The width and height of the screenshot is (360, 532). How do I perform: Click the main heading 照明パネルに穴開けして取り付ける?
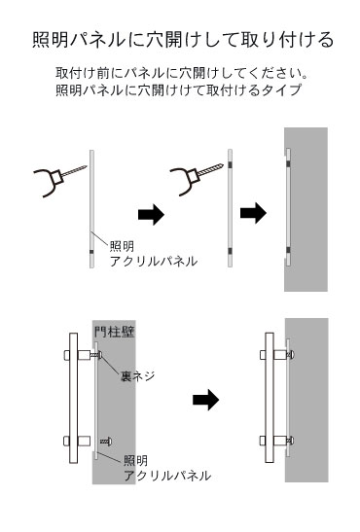coord(183,40)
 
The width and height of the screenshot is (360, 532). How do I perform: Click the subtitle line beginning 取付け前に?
coord(182,72)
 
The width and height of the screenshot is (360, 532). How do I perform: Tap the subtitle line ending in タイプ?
coord(178,89)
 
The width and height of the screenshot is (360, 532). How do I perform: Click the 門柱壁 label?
coord(115,332)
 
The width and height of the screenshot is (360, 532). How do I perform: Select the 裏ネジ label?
coord(137,376)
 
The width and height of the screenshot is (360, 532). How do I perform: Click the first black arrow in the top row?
coord(151,214)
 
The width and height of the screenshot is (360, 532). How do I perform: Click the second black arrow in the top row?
coord(253,213)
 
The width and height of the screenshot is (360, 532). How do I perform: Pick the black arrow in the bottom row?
coord(205,400)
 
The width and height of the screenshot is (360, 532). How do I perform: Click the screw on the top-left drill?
coord(74,171)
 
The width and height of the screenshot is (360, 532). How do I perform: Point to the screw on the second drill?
coord(210,169)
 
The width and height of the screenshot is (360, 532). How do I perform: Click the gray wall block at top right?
coord(306,209)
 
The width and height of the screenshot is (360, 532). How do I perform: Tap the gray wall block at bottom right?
coord(306,400)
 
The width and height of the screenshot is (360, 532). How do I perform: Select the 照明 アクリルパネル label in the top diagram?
coord(153,254)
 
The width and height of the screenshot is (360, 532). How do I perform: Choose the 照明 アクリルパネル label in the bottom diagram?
coord(167,468)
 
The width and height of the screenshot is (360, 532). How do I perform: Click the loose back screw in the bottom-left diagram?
coord(106,442)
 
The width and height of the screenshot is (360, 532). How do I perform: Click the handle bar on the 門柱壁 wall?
coord(73,398)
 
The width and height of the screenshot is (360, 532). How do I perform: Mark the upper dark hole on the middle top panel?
coord(230,165)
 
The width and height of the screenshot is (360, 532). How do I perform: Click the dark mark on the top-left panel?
coord(91,252)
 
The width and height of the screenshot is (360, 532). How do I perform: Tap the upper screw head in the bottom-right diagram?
coord(291,355)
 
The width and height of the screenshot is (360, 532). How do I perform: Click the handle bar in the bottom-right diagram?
coord(270,398)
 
